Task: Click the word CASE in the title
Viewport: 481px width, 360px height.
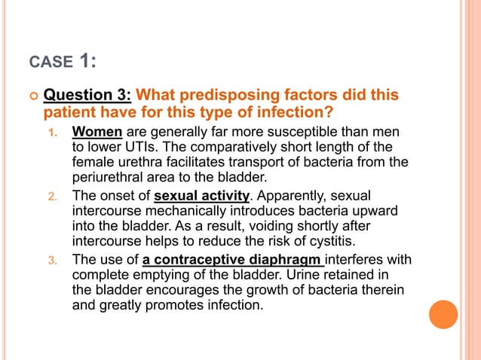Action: [46, 60]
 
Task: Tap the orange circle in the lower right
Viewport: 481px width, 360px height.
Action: [443, 315]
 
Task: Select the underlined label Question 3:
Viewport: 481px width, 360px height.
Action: [87, 96]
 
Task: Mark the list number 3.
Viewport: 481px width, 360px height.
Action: [53, 261]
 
